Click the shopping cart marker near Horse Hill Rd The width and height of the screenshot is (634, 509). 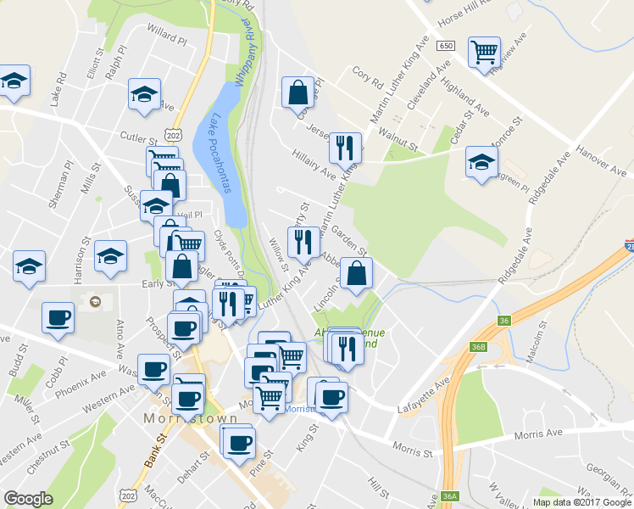[x=484, y=52]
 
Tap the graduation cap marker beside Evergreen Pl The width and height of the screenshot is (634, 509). [x=481, y=162]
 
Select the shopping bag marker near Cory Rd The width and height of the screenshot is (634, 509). [x=298, y=93]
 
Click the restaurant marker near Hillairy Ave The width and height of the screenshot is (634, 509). [x=345, y=148]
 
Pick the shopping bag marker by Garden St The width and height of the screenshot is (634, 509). [x=358, y=273]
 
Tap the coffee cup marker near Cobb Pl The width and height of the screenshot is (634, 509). [x=58, y=319]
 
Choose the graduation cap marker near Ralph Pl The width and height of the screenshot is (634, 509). [x=144, y=93]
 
